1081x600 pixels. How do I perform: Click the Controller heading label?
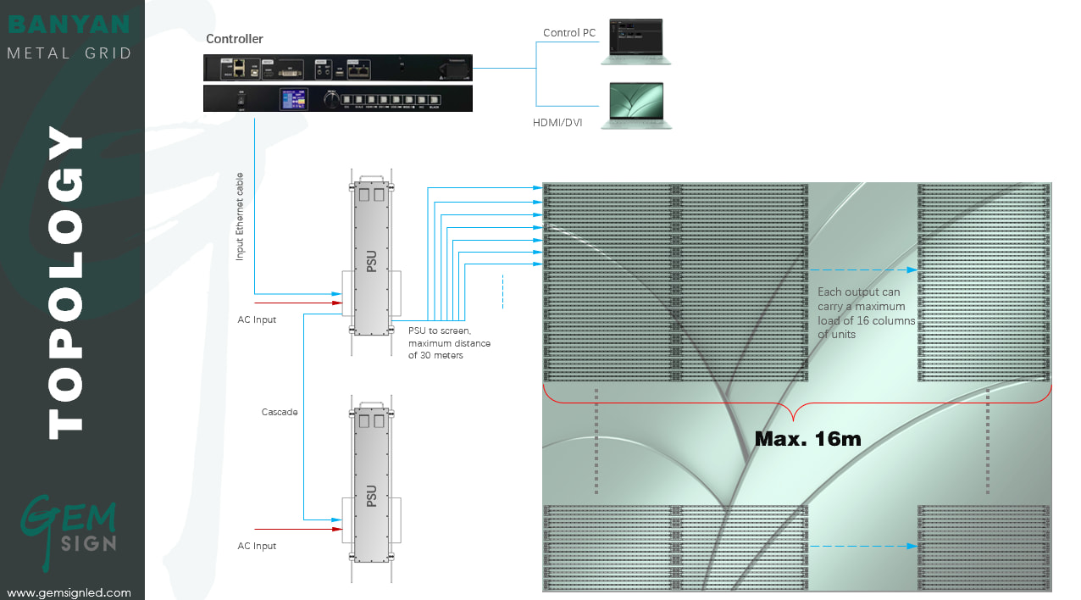coord(235,39)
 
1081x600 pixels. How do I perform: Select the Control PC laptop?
coord(635,42)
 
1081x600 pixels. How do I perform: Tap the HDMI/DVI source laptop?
coord(635,106)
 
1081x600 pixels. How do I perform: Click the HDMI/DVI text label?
coord(557,123)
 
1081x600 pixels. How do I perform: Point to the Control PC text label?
coord(569,33)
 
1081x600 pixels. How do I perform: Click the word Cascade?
coord(280,412)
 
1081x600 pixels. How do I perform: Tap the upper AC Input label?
coord(257,319)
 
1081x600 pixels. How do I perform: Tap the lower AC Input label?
coord(257,546)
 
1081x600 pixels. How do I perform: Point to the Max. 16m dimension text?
coord(807,438)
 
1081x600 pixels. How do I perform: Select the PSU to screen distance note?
coord(449,342)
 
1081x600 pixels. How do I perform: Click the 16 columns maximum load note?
coord(866,313)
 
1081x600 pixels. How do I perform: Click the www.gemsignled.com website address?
coord(69,592)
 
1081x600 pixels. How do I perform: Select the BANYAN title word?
coord(69,24)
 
